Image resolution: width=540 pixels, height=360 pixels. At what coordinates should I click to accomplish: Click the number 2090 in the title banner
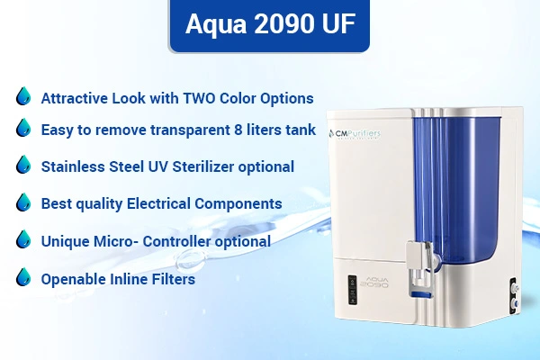[284, 23]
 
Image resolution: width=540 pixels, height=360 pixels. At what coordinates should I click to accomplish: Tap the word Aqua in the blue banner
[216, 25]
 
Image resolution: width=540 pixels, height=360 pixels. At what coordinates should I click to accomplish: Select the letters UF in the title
[338, 23]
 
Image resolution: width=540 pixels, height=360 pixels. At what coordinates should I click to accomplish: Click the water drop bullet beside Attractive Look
[23, 95]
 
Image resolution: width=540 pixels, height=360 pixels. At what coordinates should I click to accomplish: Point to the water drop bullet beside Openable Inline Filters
[23, 277]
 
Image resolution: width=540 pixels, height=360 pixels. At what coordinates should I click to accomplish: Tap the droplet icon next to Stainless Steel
[23, 165]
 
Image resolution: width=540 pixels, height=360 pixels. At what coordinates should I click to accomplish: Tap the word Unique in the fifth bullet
[65, 242]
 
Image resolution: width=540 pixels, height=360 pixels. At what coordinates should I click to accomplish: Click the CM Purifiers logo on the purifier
[355, 134]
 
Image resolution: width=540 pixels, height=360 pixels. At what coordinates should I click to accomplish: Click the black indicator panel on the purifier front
[352, 290]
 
